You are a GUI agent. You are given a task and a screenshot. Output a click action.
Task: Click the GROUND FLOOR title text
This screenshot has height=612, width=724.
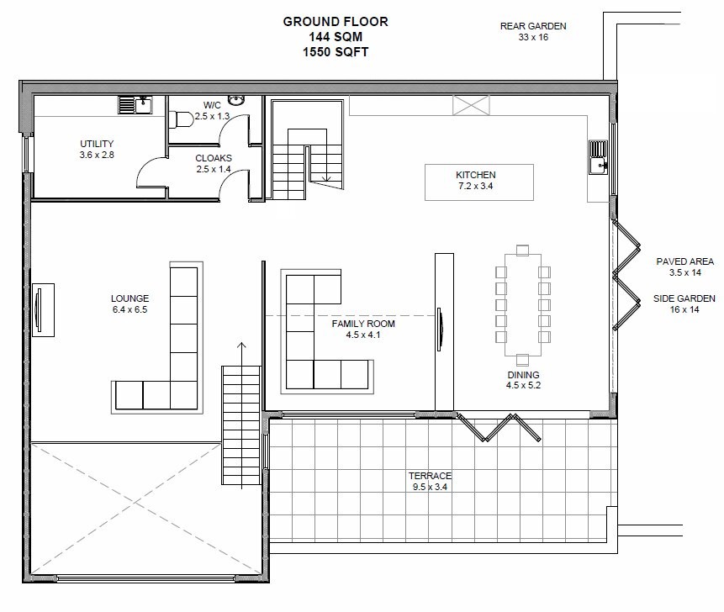336,22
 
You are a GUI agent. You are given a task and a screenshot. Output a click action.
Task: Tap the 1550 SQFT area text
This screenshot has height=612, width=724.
336,51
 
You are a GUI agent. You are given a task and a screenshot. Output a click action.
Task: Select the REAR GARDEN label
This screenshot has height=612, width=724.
533,26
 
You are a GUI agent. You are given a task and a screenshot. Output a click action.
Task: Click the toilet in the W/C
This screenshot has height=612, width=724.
181,119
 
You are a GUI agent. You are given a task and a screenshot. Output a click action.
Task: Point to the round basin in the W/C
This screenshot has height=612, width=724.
236,99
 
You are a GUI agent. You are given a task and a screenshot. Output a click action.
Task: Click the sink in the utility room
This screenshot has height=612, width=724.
135,105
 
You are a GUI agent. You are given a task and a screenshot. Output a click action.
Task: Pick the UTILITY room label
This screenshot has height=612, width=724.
97,144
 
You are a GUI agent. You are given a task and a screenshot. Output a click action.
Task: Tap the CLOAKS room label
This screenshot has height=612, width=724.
214,158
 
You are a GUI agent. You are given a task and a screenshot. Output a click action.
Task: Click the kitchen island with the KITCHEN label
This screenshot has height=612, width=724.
478,182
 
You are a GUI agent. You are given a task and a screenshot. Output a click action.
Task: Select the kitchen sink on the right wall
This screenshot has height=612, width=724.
598,157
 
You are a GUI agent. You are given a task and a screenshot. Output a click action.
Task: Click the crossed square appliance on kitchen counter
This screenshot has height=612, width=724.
471,105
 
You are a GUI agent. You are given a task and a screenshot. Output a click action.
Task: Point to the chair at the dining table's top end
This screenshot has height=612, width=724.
522,250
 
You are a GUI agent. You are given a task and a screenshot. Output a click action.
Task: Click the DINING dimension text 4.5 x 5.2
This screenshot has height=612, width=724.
523,385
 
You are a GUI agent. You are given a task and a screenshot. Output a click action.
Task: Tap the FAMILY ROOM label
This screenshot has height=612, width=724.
363,324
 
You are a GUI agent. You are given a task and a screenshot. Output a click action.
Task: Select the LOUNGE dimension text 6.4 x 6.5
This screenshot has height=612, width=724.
129,309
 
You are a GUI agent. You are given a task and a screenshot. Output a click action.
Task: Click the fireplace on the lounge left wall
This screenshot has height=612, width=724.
43,309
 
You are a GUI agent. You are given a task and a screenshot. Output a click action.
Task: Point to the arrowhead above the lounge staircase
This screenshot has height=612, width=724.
241,346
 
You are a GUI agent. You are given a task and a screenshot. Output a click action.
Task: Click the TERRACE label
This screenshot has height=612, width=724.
430,476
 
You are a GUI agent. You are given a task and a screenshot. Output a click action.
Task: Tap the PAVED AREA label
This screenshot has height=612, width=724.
685,261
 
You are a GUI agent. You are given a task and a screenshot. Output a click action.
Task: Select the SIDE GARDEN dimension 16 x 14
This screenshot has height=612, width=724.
684,309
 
